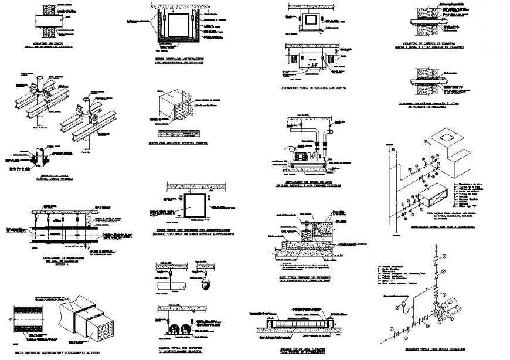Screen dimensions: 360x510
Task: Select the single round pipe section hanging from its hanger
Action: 170,285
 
